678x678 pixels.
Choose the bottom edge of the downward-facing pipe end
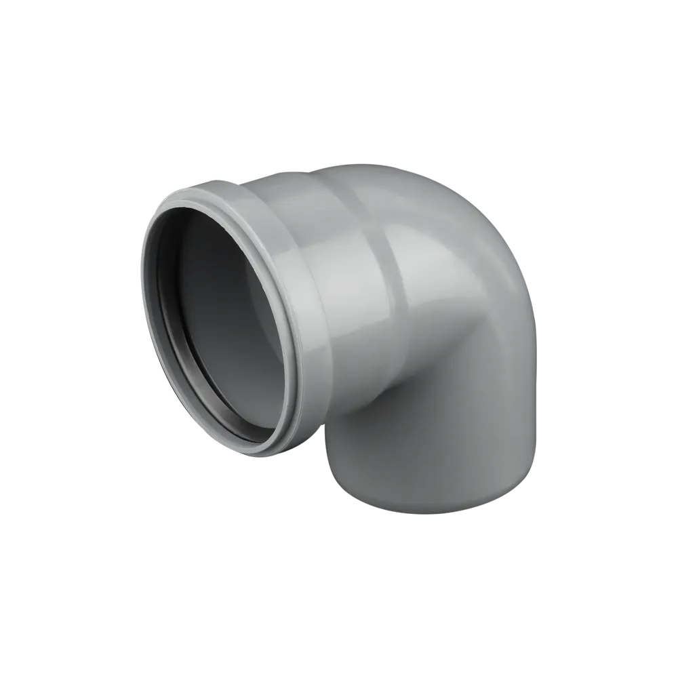click(434, 512)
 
